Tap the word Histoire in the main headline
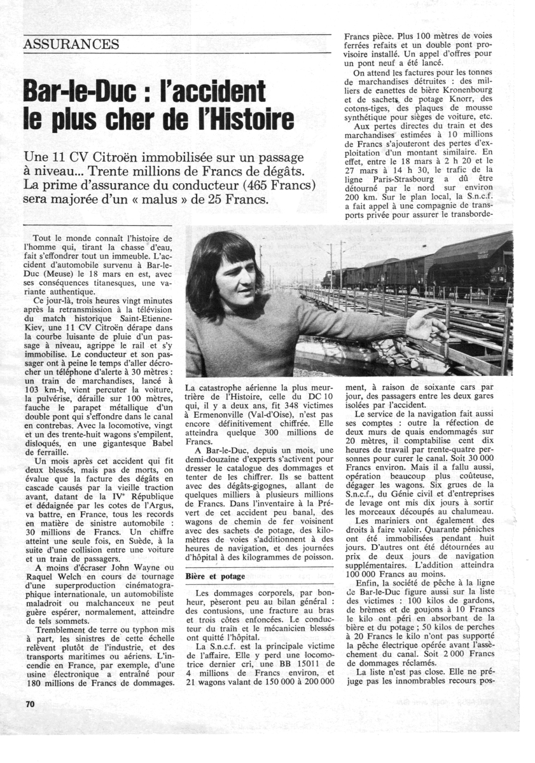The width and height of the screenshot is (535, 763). [253, 120]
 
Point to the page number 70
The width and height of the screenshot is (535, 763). [31, 704]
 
